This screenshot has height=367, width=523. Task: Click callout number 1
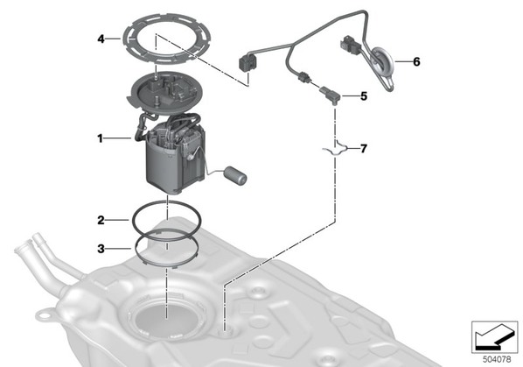[x=100, y=138]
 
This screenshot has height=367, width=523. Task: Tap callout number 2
[x=101, y=221]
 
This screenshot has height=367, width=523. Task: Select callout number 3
[x=101, y=249]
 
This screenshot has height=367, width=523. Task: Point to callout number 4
[x=101, y=39]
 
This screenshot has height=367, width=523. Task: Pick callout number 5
[x=364, y=96]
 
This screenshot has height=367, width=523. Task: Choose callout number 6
[x=416, y=62]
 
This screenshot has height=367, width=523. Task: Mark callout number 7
[x=364, y=148]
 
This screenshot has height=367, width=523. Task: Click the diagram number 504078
[x=497, y=360]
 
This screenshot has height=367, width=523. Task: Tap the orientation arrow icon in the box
[x=494, y=336]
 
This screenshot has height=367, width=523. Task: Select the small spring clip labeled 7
[x=335, y=147]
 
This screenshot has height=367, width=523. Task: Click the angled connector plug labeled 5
[x=330, y=95]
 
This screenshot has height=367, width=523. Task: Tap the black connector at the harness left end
[x=247, y=62]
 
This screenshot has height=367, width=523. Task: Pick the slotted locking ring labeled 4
[x=167, y=39]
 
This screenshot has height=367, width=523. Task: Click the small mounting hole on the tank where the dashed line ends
[x=226, y=330]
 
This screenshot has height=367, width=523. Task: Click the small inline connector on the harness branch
[x=303, y=77]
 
